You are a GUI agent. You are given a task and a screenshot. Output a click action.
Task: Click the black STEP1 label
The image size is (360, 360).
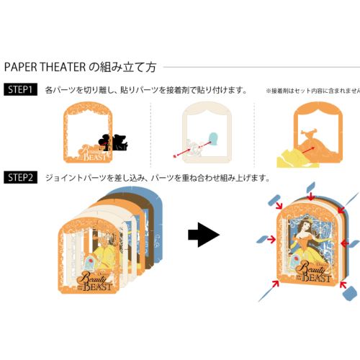tap(20, 90)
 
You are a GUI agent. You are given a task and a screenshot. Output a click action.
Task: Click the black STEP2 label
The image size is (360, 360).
tap(20, 177)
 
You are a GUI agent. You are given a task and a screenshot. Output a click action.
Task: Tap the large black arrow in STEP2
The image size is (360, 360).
tap(203, 235)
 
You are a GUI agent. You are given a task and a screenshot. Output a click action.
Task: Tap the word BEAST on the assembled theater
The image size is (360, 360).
tap(318, 277)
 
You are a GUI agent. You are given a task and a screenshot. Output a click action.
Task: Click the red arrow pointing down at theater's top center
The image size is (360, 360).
tap(310, 195)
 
